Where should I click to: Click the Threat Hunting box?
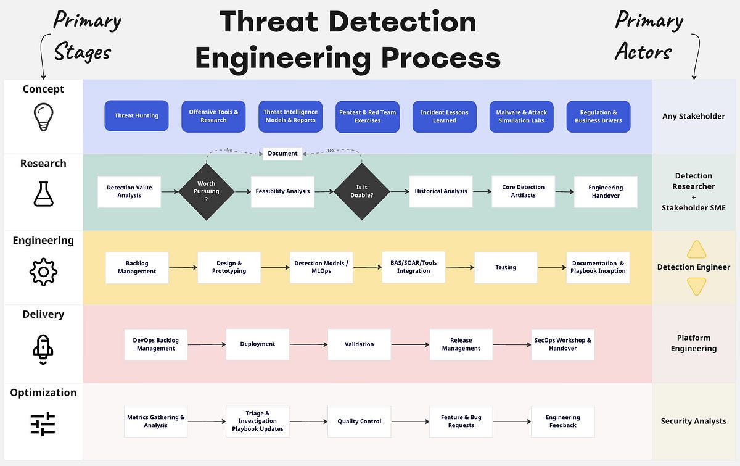tap(136, 116)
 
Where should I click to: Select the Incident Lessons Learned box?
tap(444, 117)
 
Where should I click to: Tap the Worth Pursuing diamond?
tap(207, 191)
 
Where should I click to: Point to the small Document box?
tap(282, 153)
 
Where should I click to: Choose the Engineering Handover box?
tap(606, 191)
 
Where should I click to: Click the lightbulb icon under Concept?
tap(43, 117)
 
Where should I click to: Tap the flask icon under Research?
tap(43, 193)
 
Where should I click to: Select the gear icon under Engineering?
tap(43, 271)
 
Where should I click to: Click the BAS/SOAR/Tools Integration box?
tap(413, 267)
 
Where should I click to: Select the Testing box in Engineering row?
tap(506, 267)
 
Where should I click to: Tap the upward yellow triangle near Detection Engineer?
tap(696, 249)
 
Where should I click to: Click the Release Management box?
tap(461, 344)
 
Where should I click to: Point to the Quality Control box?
tap(359, 422)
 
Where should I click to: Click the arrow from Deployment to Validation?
tap(308, 344)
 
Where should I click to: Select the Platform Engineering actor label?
tap(694, 343)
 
